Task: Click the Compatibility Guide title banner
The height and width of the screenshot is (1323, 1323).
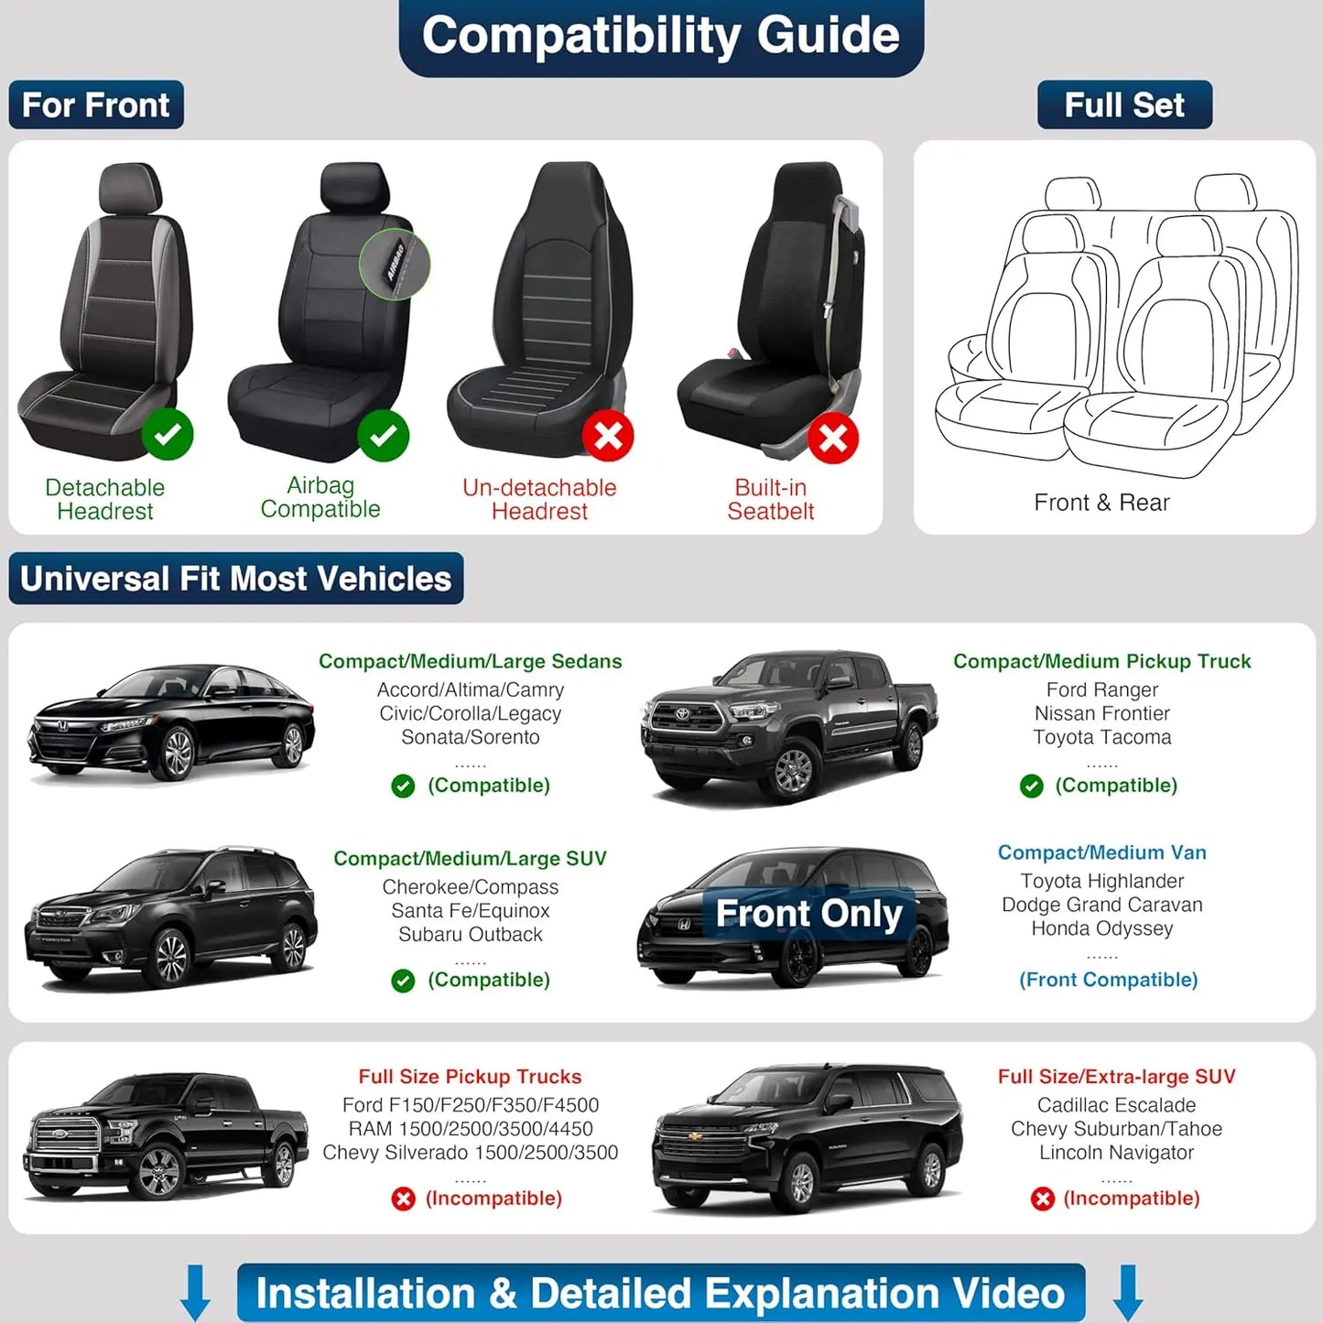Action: pos(660,37)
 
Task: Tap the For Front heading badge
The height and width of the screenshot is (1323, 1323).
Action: pos(96,105)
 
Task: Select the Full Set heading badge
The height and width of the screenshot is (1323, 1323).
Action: pos(1123,105)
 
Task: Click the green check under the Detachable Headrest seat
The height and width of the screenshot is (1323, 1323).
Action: pos(168,434)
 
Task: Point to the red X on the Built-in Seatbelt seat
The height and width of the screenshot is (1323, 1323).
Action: pos(832,439)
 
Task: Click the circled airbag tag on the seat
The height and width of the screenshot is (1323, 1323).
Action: pos(395,264)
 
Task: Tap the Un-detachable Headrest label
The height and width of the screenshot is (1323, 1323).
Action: pos(539,500)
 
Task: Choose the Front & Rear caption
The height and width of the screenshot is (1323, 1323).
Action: pos(1101,503)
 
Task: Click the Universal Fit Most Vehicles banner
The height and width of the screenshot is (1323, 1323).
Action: pos(236,579)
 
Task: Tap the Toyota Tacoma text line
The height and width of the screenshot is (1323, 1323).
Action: pos(1101,737)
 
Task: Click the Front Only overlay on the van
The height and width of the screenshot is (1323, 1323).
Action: pos(808,914)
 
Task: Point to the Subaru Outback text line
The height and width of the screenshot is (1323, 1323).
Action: pos(470,935)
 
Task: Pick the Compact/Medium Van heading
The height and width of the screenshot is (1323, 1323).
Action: pos(1101,852)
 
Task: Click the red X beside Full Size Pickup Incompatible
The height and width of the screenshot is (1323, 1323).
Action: pos(403,1199)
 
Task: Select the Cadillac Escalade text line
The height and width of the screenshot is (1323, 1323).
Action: pos(1116,1105)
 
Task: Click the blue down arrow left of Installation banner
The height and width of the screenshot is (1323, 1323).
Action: pos(195,1293)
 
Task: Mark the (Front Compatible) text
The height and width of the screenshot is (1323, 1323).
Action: pos(1108,980)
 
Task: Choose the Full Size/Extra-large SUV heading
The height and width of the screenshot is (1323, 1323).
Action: pos(1116,1077)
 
